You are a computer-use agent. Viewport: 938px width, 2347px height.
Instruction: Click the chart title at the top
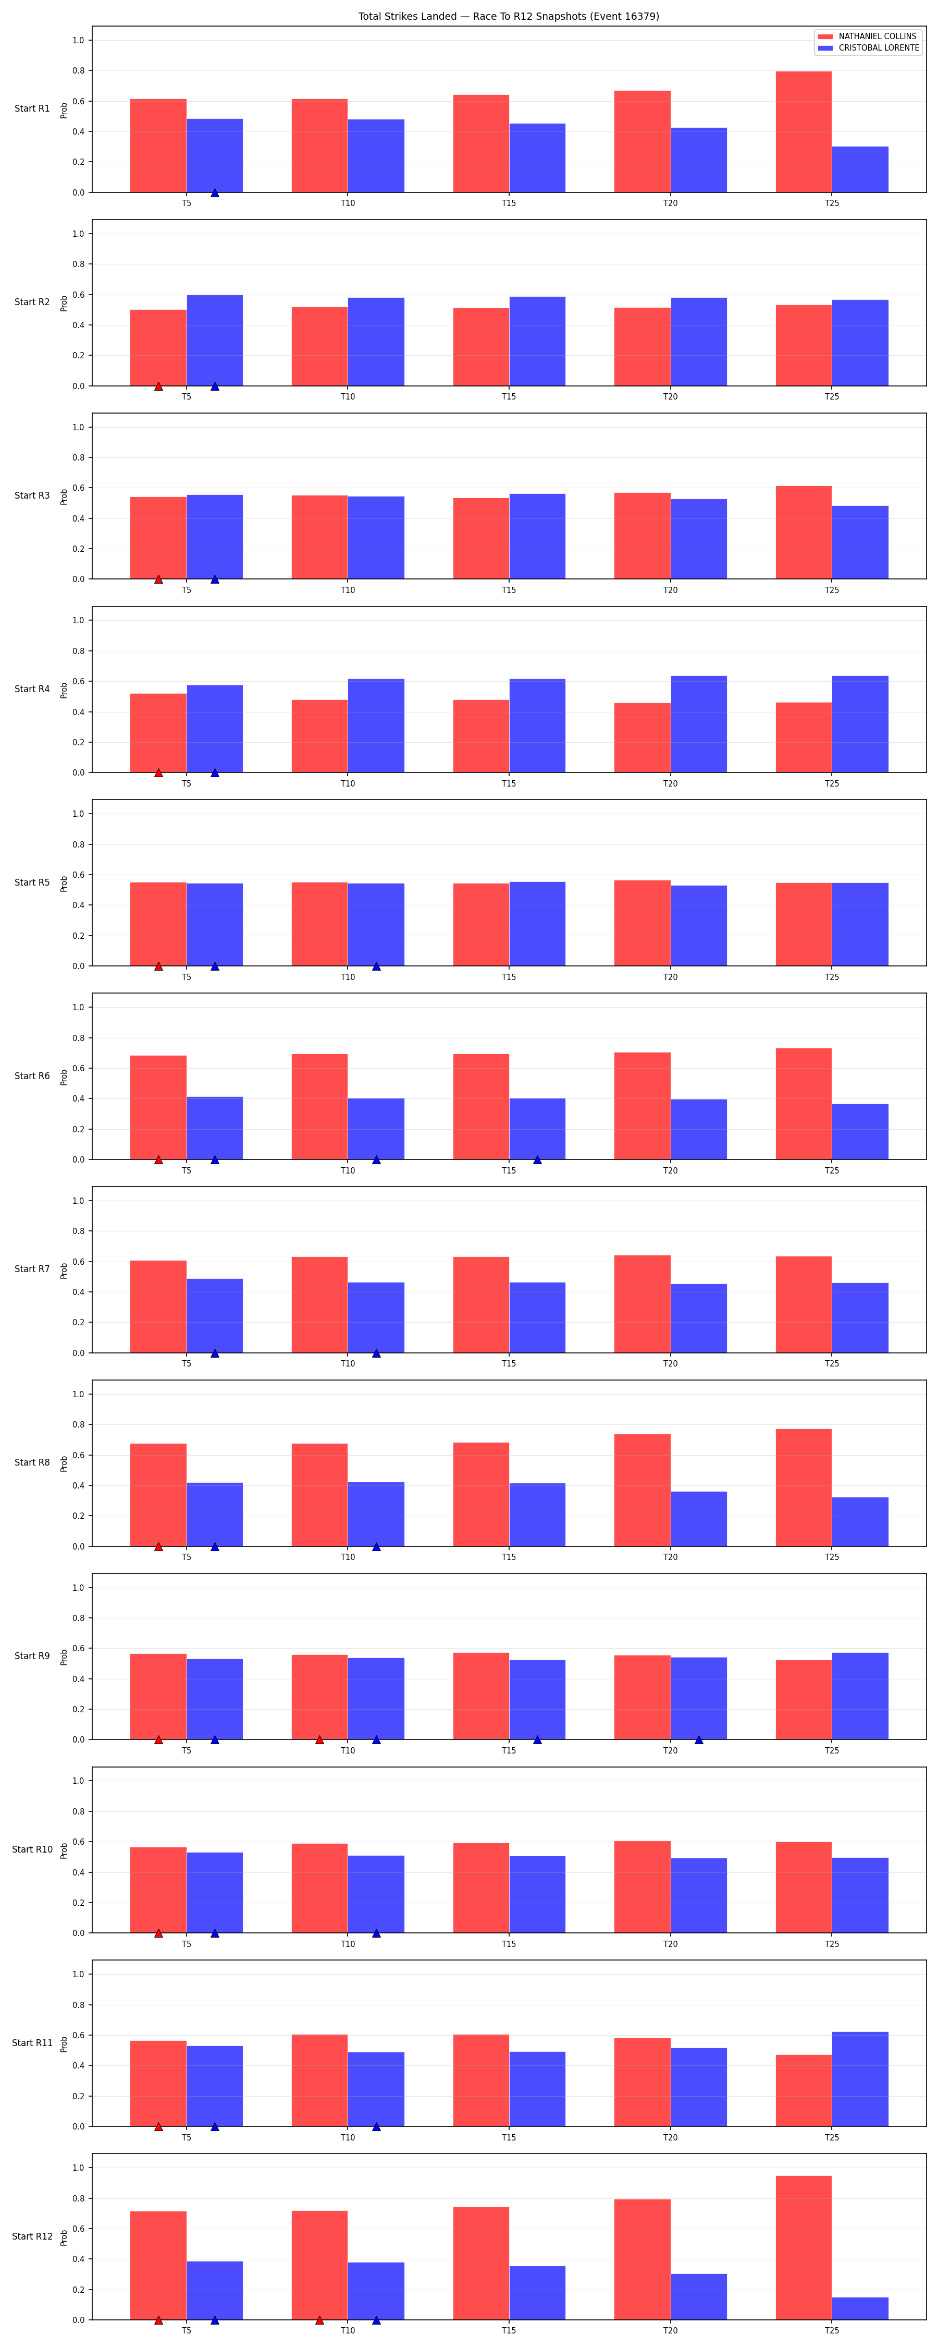coord(508,16)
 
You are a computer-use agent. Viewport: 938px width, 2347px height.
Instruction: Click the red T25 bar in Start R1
coord(803,132)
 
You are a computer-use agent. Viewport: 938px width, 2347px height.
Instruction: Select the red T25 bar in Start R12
coord(803,2248)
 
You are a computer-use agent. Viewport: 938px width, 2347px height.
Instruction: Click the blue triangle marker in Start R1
coord(215,192)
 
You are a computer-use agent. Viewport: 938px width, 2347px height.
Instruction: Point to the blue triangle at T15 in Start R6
coord(537,1160)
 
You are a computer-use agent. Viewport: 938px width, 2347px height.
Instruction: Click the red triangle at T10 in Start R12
coord(319,2320)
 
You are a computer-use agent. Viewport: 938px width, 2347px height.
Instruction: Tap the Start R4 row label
coord(32,689)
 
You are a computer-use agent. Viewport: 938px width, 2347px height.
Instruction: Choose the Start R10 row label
coord(32,1849)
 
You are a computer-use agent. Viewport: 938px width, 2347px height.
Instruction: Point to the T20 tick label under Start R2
coord(670,396)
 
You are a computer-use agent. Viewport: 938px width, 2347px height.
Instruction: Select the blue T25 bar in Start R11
coord(860,2078)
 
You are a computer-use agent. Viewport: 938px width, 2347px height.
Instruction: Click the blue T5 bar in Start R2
coord(215,341)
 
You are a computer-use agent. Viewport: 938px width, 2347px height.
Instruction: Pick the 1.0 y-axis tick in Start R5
coord(78,814)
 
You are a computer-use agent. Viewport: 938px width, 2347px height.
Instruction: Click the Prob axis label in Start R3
coord(64,497)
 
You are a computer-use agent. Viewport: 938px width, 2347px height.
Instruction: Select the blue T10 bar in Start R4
coord(376,725)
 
